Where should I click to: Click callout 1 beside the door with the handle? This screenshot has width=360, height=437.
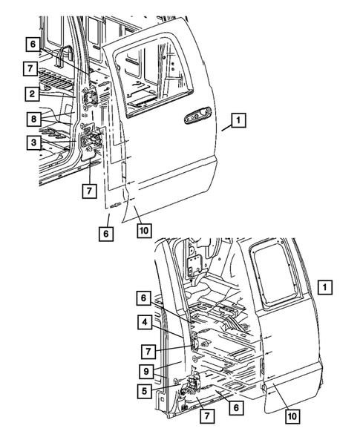[x=239, y=119]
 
